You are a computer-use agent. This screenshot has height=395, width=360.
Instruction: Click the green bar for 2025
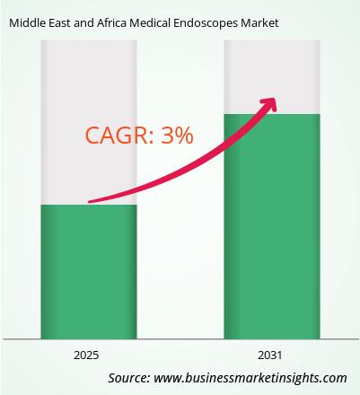click(x=89, y=272)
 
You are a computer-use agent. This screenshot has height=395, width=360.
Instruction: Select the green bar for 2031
click(x=272, y=226)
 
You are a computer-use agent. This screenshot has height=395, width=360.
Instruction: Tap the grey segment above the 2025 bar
click(x=89, y=122)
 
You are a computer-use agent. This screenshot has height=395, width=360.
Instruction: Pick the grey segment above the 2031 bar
click(x=272, y=77)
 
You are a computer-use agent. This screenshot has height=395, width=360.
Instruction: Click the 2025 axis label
click(x=86, y=355)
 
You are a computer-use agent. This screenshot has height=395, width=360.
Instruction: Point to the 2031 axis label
click(x=270, y=355)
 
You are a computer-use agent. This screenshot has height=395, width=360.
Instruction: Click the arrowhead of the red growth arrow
click(x=268, y=105)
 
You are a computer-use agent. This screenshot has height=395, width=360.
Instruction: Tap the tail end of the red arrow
click(x=90, y=202)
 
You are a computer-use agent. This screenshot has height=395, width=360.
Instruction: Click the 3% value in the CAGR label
click(x=177, y=136)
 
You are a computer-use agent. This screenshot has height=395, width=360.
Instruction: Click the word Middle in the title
click(x=25, y=23)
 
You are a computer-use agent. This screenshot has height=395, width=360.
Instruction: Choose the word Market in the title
click(x=259, y=23)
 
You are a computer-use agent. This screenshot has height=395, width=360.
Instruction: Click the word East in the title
click(x=57, y=23)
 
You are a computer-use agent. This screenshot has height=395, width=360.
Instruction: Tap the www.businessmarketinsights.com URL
click(x=250, y=378)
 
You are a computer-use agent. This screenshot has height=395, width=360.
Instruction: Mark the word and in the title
click(x=83, y=23)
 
